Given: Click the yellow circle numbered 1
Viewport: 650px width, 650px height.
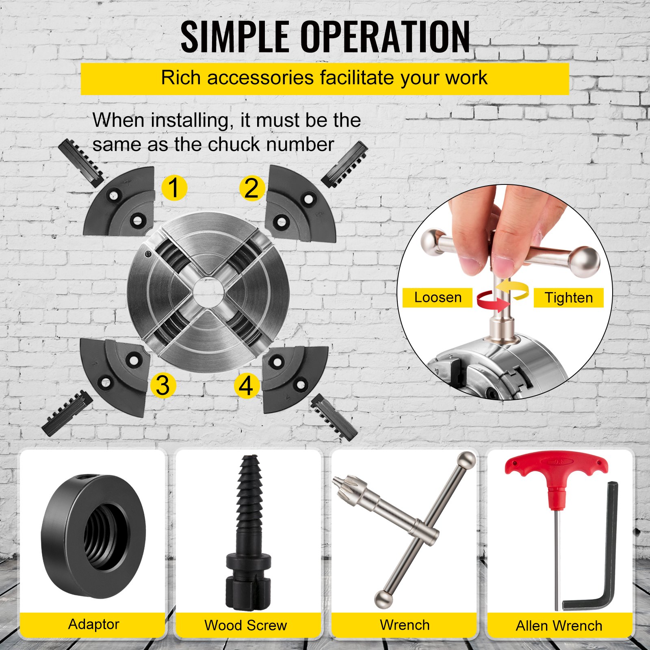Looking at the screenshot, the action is coord(174,188).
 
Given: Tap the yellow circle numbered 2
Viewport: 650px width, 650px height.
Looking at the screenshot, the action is coord(252,188).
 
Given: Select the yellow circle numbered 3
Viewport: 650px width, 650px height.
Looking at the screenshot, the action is coord(163,385).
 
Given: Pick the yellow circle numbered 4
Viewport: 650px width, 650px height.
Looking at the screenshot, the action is coord(247,385).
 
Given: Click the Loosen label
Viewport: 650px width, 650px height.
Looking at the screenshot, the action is coord(438,297).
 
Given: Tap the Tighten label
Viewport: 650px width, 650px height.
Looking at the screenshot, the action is coord(568,298).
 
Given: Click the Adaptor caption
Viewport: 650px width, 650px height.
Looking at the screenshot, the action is coord(94,624).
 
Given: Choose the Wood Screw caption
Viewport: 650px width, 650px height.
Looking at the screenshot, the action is coord(246,625).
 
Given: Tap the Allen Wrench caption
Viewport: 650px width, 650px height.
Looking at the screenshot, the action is coord(559,626).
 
